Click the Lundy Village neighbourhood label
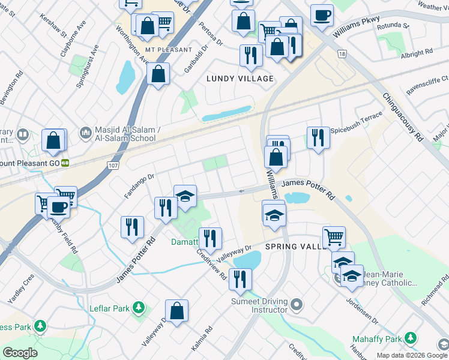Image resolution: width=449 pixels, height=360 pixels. point(240,79)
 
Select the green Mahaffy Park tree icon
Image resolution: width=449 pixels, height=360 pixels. point(411,339)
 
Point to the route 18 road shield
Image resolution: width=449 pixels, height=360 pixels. point(342,54)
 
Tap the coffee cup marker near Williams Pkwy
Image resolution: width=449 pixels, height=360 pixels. point(322,15)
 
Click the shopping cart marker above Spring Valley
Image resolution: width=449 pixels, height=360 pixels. point(333,236)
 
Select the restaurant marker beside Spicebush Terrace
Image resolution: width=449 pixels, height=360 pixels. point(318,137)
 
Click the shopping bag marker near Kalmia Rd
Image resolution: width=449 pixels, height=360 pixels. point(176,311)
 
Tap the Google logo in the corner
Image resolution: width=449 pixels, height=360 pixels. point(20,353)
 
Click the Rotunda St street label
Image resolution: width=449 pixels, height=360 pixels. point(394,26)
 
